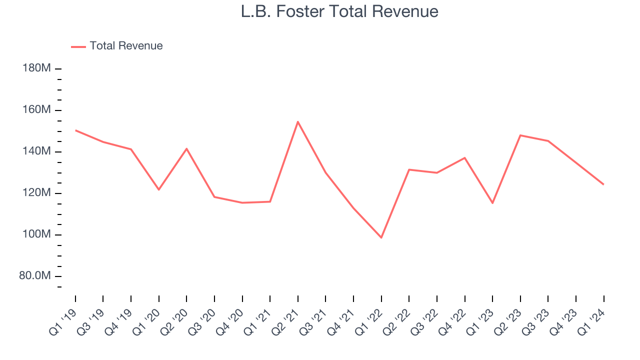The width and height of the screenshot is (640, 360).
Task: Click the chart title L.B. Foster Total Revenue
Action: point(339,11)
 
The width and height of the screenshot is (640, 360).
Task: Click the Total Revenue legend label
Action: point(126,46)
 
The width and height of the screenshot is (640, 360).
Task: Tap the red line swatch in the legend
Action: point(78,46)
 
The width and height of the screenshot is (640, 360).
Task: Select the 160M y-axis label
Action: point(37,109)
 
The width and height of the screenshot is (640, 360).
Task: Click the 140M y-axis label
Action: point(37,151)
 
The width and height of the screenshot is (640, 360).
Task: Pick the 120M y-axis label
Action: point(37,192)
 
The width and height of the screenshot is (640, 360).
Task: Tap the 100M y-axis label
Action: point(37,234)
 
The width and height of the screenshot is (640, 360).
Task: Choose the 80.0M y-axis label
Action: point(35,275)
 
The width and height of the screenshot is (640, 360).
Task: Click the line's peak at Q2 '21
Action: point(298,121)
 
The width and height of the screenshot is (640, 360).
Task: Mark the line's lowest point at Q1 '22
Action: point(381,237)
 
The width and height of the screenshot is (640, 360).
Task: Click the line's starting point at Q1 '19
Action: point(75,130)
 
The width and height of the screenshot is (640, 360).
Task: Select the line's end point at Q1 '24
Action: point(603,184)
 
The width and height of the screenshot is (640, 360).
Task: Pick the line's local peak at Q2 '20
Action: point(186,148)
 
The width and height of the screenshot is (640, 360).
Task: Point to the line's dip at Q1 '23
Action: point(492,203)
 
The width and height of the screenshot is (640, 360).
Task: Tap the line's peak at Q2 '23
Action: point(520,135)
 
